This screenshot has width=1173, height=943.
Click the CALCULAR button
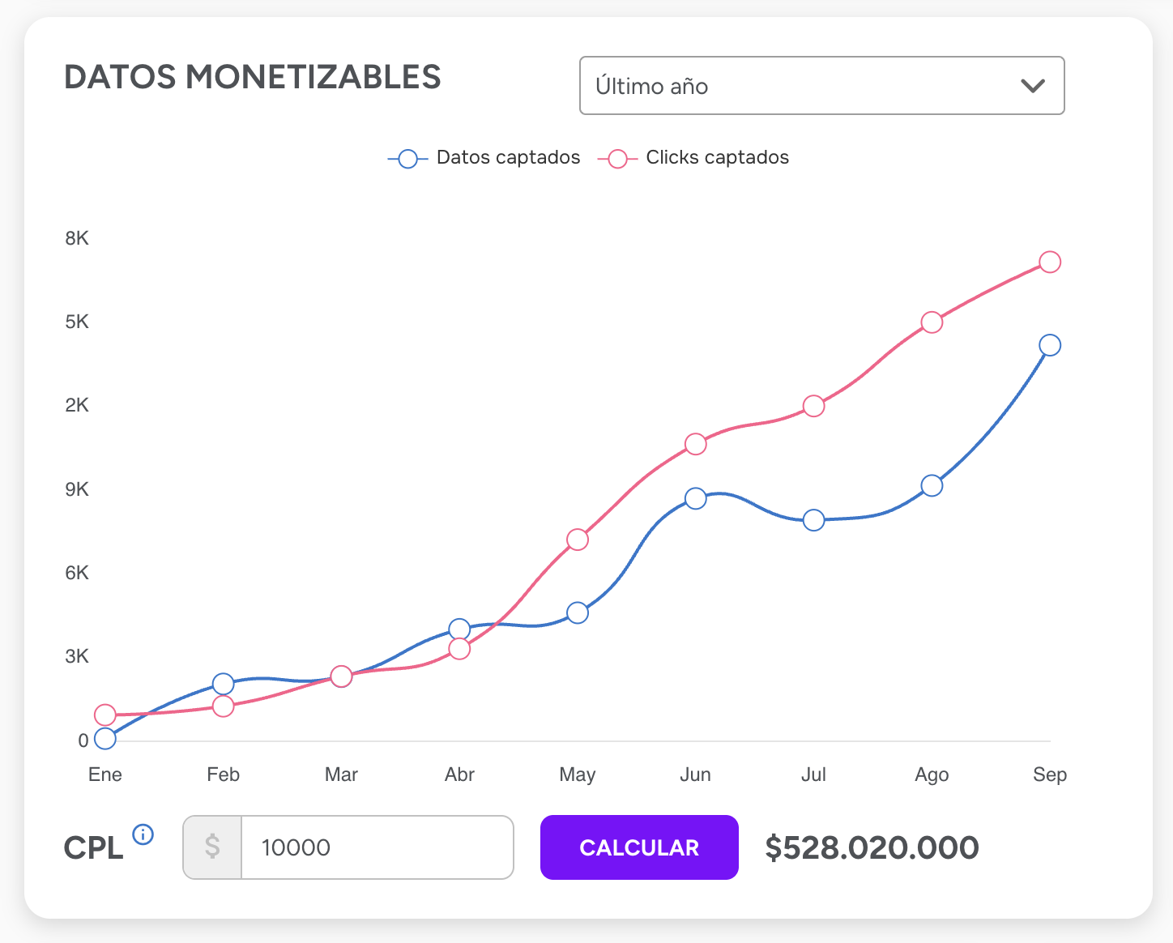click(639, 847)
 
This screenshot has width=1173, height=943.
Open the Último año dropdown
click(821, 86)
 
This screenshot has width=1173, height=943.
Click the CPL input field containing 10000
click(377, 847)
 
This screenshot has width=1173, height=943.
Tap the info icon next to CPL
click(143, 834)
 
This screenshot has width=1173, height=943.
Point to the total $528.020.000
click(872, 847)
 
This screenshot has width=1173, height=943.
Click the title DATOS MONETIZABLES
click(253, 78)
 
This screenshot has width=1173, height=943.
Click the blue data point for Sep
click(1050, 345)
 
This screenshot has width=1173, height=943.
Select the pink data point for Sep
click(1050, 262)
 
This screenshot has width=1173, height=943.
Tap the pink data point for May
click(578, 540)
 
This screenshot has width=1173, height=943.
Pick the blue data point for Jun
click(695, 498)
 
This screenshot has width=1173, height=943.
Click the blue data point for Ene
click(105, 738)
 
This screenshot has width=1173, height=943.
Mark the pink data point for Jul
click(814, 406)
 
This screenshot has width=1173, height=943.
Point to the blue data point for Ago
click(932, 486)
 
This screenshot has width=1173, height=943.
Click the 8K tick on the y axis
click(77, 238)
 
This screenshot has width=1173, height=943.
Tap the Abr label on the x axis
click(459, 774)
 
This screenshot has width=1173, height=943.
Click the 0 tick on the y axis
click(83, 740)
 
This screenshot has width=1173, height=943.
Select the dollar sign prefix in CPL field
click(212, 847)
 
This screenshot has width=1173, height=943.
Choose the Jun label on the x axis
click(695, 774)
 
